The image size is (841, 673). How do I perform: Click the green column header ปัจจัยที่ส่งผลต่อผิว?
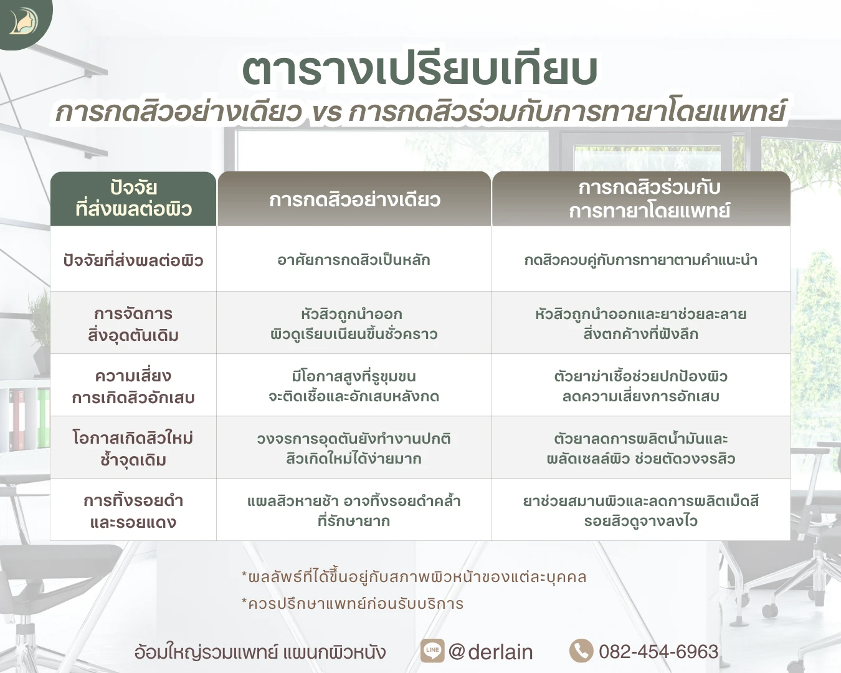point(133,199)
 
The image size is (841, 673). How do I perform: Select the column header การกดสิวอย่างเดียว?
point(354,199)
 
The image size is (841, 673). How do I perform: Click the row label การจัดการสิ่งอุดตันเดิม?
point(133,324)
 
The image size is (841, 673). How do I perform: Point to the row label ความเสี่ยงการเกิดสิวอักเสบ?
point(133,386)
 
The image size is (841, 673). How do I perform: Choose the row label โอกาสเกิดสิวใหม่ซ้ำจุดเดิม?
point(133,449)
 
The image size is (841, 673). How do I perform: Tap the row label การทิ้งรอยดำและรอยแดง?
point(133,511)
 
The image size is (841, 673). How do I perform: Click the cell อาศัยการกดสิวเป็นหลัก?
point(354,260)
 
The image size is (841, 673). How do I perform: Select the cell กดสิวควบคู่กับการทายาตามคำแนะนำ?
point(641,260)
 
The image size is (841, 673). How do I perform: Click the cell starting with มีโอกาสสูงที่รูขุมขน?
point(354,386)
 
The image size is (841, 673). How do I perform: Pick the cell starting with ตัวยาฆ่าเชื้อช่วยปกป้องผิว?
point(641,386)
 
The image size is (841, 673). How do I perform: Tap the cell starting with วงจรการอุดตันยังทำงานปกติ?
point(354,449)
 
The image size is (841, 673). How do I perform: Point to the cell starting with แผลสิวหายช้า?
point(354,511)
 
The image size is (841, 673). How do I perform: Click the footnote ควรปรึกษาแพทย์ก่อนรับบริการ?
point(353,603)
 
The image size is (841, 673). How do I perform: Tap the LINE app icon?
point(432,651)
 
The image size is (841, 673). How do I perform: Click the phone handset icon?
point(581,651)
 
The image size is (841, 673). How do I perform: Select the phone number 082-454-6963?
point(659,651)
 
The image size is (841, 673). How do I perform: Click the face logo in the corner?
point(24,22)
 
